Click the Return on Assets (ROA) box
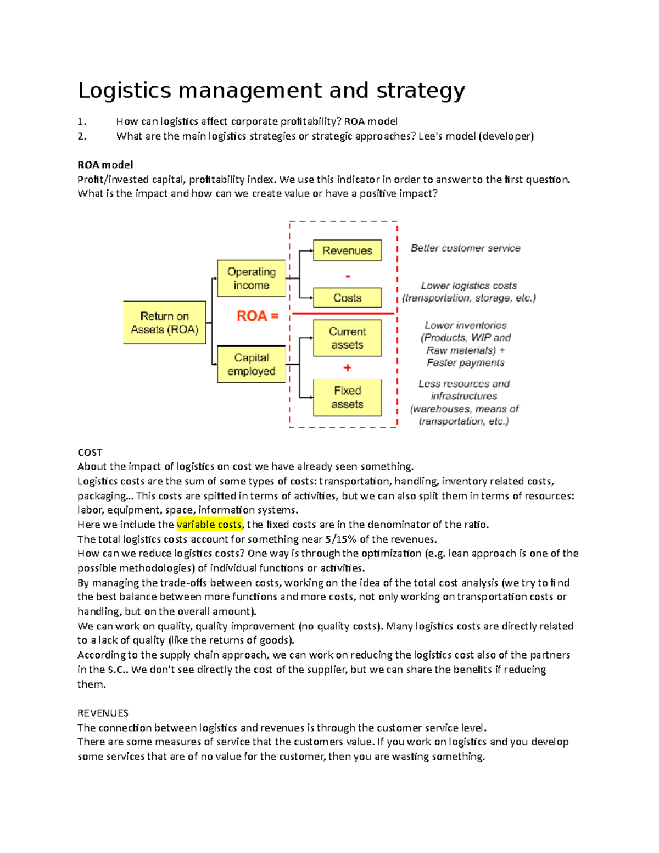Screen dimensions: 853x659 164,322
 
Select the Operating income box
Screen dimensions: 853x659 251,278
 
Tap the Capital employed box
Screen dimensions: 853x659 251,364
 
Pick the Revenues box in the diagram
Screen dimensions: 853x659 347,250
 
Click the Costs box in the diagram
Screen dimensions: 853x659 347,298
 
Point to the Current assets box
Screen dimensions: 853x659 347,338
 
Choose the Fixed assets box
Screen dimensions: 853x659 347,397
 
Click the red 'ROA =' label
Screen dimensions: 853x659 258,316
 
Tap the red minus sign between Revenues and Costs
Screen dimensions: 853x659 348,276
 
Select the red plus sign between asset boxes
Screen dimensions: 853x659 347,367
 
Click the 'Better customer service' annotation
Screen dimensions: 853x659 465,248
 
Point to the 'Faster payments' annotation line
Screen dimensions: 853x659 465,363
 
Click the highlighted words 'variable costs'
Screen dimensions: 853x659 209,525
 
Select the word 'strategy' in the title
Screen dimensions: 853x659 421,91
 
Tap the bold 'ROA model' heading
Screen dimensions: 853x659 105,165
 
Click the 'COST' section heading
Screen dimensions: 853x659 90,453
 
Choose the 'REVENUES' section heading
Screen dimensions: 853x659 103,713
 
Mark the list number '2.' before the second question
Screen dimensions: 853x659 82,136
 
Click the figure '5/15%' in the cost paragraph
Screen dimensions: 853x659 340,539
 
